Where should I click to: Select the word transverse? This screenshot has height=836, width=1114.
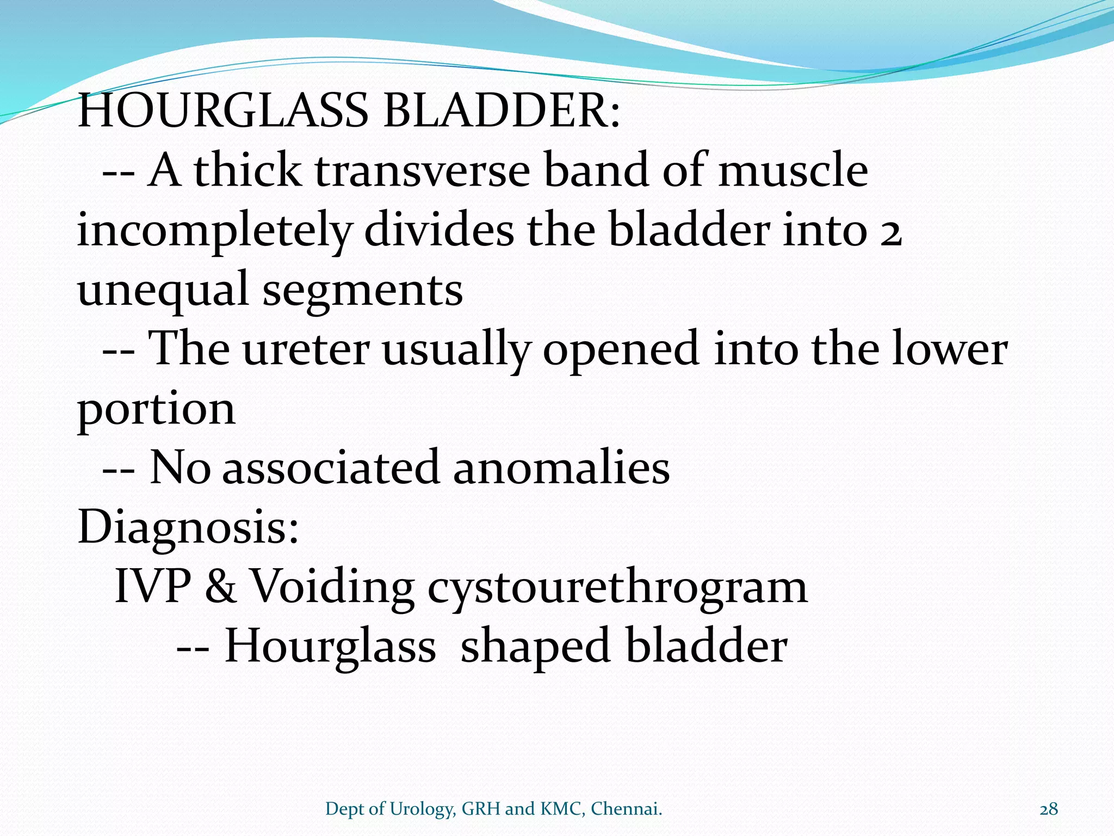(422, 170)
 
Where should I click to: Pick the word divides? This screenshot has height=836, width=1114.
(438, 230)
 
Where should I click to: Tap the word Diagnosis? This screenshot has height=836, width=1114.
(188, 528)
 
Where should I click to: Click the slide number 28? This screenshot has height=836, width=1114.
(1049, 809)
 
